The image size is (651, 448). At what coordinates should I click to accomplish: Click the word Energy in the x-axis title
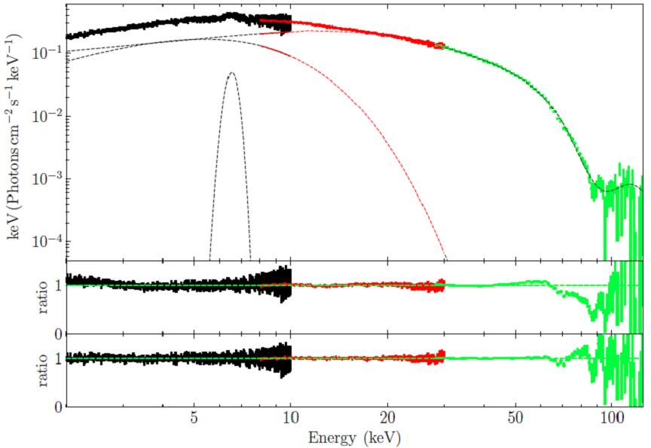pos(333,437)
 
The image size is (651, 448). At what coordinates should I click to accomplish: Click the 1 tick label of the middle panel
pos(57,285)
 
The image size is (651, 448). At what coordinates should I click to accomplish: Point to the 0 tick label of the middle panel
pos(57,333)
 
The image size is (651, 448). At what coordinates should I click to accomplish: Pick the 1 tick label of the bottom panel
pos(57,359)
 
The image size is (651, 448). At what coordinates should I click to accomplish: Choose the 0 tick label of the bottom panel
pos(57,407)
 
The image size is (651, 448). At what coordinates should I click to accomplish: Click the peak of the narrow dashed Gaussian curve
pos(231,72)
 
